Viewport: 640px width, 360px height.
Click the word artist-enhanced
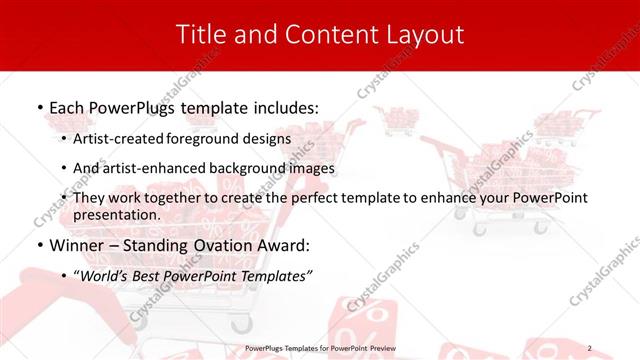152,168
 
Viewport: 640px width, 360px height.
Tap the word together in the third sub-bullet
176,199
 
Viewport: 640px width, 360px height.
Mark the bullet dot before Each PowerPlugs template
39,106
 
